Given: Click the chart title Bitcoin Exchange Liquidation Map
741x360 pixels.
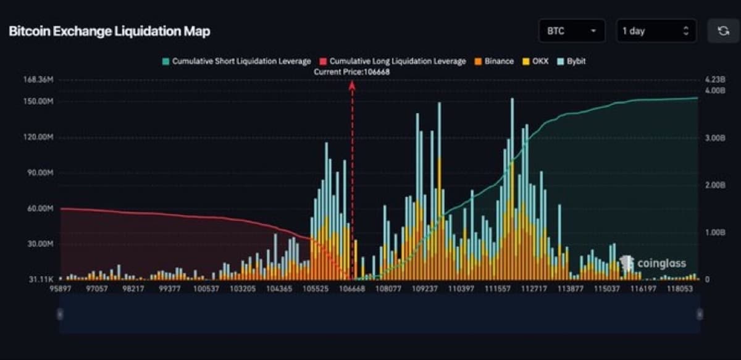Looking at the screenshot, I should (x=109, y=31).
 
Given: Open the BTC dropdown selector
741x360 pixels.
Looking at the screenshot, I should (x=571, y=31).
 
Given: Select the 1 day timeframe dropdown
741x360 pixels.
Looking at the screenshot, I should (x=656, y=31).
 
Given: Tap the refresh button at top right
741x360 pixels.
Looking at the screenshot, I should (x=723, y=31).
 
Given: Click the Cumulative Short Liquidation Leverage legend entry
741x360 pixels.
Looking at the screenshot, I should (x=237, y=61).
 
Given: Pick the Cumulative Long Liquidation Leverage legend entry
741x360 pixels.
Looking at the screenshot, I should (x=393, y=61).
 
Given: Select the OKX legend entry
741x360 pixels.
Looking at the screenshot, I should (x=536, y=61).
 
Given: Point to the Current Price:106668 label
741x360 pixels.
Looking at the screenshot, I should (x=352, y=72).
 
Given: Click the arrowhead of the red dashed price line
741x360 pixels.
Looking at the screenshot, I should (x=352, y=85).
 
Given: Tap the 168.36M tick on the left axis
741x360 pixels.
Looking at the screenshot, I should (x=38, y=80).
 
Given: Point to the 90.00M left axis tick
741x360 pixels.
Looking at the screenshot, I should (x=40, y=172).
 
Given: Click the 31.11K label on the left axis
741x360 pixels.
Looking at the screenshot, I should (x=41, y=280).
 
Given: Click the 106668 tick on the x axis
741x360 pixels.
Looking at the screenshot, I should (x=352, y=288).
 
